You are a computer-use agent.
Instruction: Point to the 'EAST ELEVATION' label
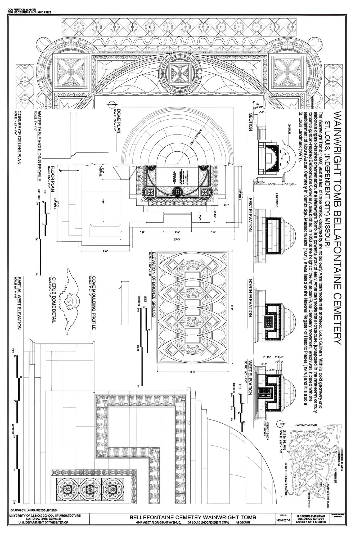tap(250, 214)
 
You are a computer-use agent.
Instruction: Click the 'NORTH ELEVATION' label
tap(250, 297)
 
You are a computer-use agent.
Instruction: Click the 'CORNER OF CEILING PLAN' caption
tap(19, 137)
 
